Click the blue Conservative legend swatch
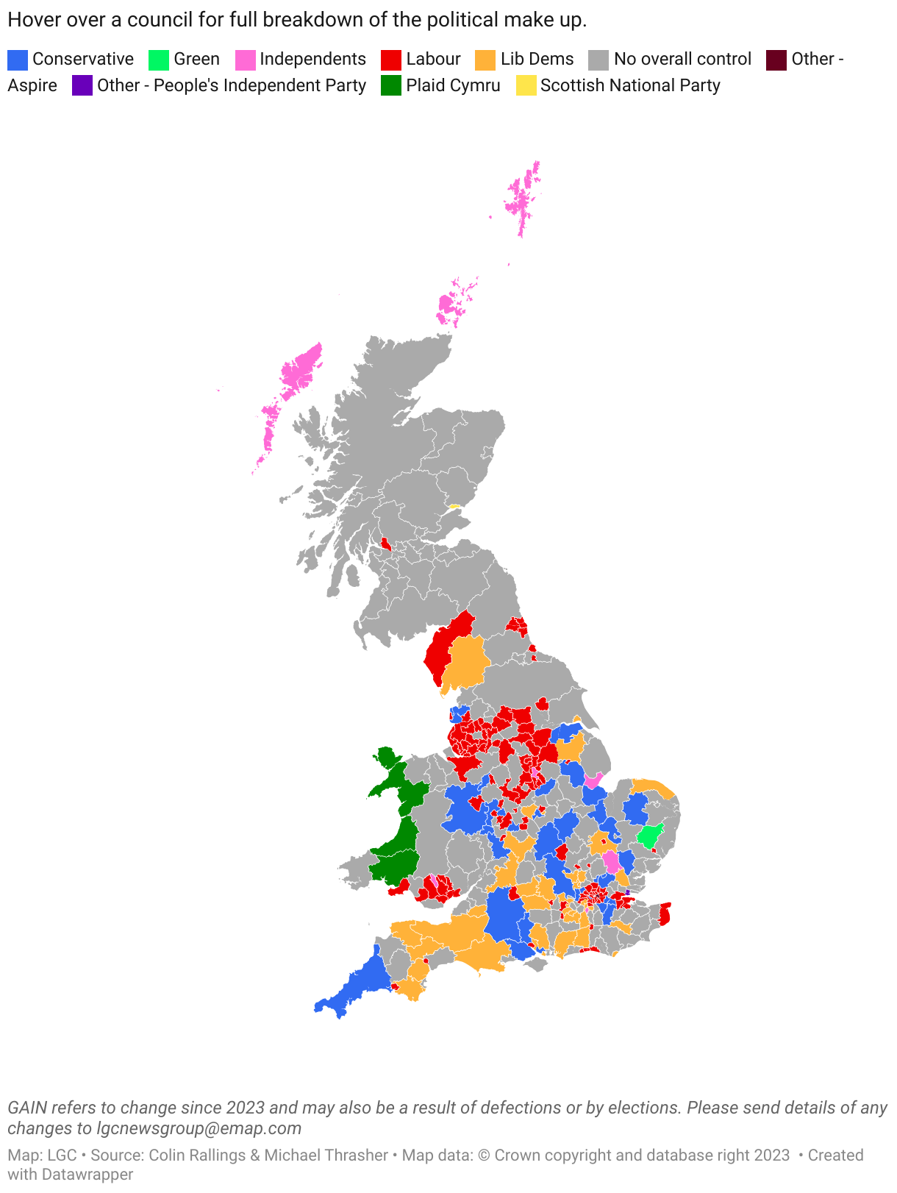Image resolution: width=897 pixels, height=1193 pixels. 18,60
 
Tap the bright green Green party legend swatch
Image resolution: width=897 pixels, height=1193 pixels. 159,60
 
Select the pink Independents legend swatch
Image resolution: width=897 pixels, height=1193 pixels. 245,60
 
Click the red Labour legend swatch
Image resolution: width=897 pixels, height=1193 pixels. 391,60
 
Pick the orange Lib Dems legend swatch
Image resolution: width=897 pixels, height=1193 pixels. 485,60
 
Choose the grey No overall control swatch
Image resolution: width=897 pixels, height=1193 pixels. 599,60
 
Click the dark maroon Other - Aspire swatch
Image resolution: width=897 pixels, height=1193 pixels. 776,60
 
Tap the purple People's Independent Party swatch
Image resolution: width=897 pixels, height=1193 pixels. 82,86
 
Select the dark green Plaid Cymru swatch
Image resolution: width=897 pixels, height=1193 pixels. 391,86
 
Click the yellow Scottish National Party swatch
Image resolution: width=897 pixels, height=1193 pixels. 526,86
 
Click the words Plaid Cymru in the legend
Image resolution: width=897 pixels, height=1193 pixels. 453,86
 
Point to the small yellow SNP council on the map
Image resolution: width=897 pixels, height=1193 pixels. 454,506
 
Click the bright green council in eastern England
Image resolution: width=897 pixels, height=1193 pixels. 650,836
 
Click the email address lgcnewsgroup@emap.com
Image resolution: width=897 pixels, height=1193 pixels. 199,1128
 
